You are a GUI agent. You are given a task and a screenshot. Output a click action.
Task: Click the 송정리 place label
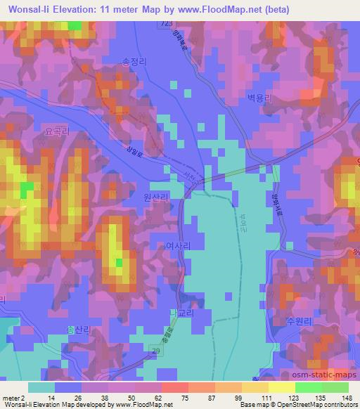(x=134, y=62)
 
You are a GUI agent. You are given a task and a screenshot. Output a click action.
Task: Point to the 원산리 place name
(x=155, y=199)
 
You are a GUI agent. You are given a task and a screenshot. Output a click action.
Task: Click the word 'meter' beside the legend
(x=11, y=396)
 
